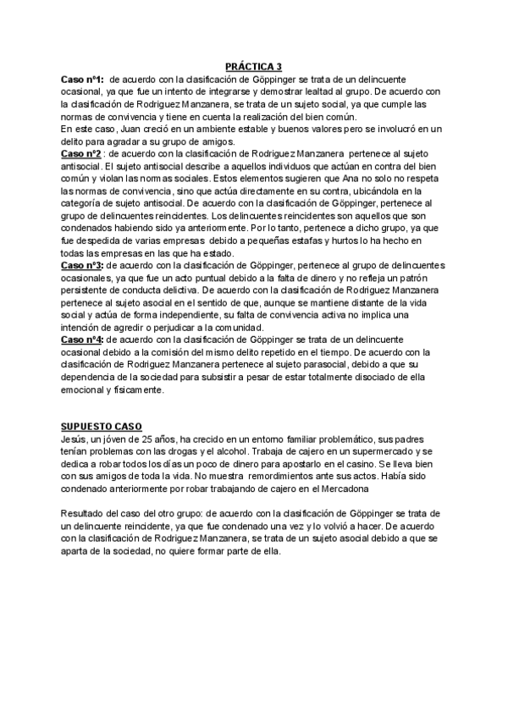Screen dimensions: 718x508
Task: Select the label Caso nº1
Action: coord(81,79)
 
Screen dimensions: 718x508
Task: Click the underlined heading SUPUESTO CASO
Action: coord(102,426)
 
